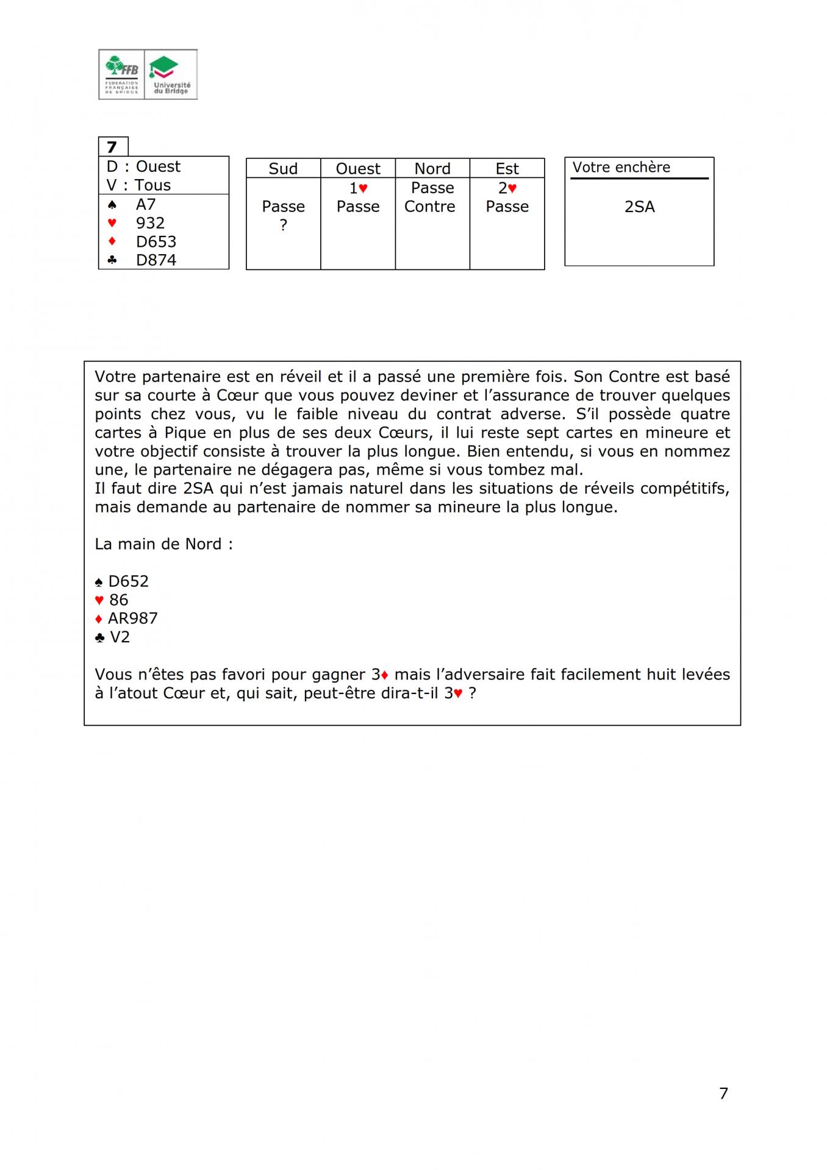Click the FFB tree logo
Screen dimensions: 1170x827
(x=122, y=74)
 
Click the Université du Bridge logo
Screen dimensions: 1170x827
(x=171, y=74)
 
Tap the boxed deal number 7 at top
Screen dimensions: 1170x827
(x=112, y=147)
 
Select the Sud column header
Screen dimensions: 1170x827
(x=283, y=169)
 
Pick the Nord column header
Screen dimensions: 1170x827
(x=432, y=169)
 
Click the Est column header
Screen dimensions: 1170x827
(x=507, y=169)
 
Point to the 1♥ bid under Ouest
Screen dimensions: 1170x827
(x=358, y=188)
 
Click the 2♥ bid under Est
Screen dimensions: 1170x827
(x=507, y=188)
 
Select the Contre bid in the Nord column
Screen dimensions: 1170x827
(x=430, y=207)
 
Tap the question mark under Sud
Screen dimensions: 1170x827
(x=283, y=225)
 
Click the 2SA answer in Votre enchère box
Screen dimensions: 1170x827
(x=639, y=207)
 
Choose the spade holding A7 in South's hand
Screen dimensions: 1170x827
(x=146, y=204)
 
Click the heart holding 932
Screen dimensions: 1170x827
(x=150, y=223)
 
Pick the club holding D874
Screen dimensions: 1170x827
(x=156, y=260)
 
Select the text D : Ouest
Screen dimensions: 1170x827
(x=143, y=166)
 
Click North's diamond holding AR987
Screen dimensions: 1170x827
(x=133, y=619)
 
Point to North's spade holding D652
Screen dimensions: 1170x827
(x=128, y=581)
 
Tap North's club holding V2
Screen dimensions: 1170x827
(x=120, y=637)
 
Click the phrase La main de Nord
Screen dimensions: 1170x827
(x=163, y=544)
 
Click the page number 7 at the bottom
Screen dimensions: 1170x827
(x=723, y=1093)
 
